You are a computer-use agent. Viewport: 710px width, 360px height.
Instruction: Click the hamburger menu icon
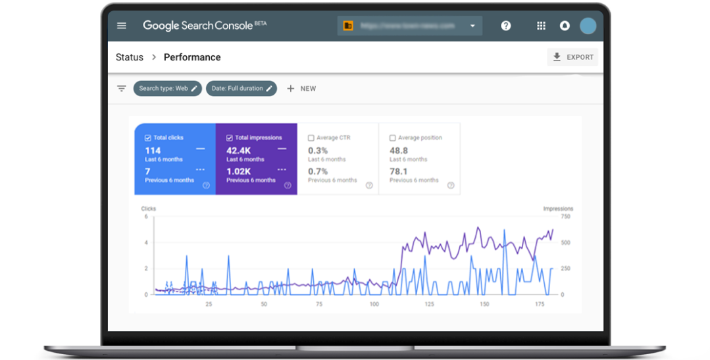pyautogui.click(x=122, y=26)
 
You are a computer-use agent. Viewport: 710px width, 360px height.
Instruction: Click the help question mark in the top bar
pyautogui.click(x=505, y=26)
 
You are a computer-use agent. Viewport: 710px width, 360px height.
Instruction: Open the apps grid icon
pyautogui.click(x=541, y=26)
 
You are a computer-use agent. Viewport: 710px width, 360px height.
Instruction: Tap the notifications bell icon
pyautogui.click(x=564, y=26)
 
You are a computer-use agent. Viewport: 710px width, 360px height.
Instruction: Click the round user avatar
pyautogui.click(x=588, y=26)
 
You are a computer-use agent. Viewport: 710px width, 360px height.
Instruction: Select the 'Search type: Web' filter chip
pyautogui.click(x=168, y=88)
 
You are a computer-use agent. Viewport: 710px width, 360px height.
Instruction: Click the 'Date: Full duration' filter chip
pyautogui.click(x=241, y=88)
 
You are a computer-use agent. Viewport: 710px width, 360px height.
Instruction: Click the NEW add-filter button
pyautogui.click(x=301, y=88)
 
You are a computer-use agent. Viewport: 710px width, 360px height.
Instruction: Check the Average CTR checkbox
pyautogui.click(x=311, y=138)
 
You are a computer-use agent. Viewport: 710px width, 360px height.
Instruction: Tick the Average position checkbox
pyautogui.click(x=393, y=138)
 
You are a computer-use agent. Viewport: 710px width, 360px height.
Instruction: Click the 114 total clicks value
pyautogui.click(x=153, y=151)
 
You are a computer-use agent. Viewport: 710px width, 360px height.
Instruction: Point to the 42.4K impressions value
pyautogui.click(x=239, y=151)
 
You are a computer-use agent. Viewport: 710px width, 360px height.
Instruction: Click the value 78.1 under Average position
pyautogui.click(x=398, y=171)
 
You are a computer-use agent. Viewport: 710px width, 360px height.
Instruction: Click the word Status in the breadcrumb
pyautogui.click(x=129, y=57)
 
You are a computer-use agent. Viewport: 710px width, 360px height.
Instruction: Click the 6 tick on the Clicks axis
pyautogui.click(x=146, y=217)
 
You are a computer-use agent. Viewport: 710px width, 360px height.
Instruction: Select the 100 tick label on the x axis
pyautogui.click(x=374, y=304)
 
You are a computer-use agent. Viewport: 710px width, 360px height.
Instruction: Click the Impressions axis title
pyautogui.click(x=558, y=209)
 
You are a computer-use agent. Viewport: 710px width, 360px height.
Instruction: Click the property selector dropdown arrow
pyautogui.click(x=472, y=26)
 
